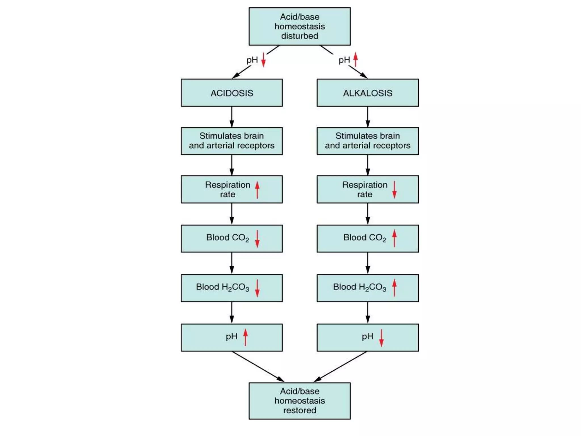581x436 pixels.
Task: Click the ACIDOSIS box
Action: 231,93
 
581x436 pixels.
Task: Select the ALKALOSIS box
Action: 367,93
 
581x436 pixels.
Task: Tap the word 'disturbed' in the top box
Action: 300,36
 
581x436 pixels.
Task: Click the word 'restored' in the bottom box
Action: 300,410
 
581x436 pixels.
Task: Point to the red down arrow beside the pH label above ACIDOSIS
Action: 263,60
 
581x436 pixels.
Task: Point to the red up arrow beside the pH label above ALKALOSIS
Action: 355,60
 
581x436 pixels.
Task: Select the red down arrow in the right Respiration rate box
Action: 394,190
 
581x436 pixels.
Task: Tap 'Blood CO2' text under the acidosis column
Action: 228,238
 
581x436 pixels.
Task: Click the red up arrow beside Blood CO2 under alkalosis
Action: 394,238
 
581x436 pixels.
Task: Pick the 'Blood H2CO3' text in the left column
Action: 222,287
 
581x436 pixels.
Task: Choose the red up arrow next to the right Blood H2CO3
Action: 394,288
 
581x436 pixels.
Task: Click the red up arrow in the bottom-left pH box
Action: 245,337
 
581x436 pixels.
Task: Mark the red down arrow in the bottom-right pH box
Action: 381,338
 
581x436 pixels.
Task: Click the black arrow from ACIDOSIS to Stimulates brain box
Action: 231,117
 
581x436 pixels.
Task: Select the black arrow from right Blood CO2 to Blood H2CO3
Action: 368,263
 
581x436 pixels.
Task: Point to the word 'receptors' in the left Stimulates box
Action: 256,146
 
